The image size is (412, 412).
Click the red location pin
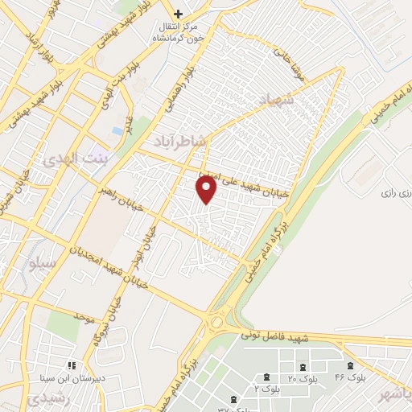click(207, 189)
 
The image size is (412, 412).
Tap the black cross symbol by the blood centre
click(178, 13)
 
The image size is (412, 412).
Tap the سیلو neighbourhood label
click(41, 263)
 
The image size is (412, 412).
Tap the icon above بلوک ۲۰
click(266, 377)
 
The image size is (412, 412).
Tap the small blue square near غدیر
click(118, 130)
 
